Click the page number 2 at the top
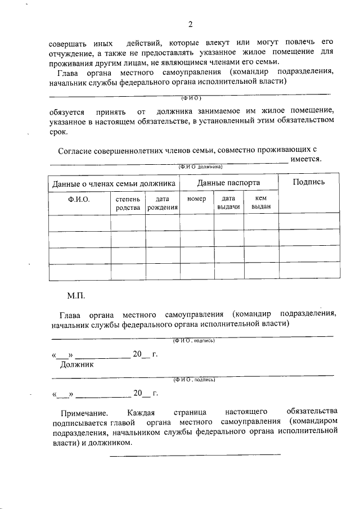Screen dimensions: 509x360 point(190,25)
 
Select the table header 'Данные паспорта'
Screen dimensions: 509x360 point(228,183)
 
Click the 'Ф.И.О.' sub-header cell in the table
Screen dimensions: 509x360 point(79,199)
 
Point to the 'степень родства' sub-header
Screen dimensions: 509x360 point(128,203)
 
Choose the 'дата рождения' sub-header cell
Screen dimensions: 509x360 point(163,203)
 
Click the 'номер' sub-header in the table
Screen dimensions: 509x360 point(196,199)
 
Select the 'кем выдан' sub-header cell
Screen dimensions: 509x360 point(261,202)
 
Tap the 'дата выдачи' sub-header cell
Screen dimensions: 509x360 point(228,202)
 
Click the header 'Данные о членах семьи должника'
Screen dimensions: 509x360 point(114,183)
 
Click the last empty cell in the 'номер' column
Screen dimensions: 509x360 point(196,272)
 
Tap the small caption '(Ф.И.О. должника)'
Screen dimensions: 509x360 point(201,167)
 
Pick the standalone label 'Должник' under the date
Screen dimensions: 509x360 point(77,364)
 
